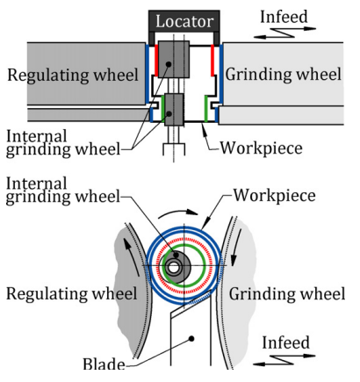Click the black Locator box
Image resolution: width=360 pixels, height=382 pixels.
pyautogui.click(x=184, y=21)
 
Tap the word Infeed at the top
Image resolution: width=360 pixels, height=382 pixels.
pyautogui.click(x=284, y=17)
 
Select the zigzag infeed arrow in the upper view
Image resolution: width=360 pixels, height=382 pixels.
pyautogui.click(x=284, y=32)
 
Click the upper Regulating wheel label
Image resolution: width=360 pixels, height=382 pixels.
pyautogui.click(x=73, y=75)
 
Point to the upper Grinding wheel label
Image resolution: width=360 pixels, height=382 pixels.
pyautogui.click(x=283, y=75)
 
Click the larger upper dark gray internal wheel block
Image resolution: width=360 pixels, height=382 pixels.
pyautogui.click(x=174, y=59)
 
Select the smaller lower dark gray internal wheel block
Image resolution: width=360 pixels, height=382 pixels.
pyautogui.click(x=174, y=110)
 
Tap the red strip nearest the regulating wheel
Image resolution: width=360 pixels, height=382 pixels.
pyautogui.click(x=156, y=61)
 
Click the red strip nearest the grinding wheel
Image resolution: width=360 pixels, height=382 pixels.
pyautogui.click(x=212, y=61)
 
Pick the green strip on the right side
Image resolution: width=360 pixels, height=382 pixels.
pyautogui.click(x=206, y=108)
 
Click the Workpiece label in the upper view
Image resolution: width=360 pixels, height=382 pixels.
pyautogui.click(x=261, y=148)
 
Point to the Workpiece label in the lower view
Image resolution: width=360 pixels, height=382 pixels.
pyautogui.click(x=275, y=196)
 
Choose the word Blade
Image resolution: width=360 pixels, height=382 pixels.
pyautogui.click(x=104, y=364)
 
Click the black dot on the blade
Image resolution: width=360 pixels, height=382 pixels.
pyautogui.click(x=191, y=339)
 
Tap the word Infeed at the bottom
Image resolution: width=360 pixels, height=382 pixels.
pyautogui.click(x=285, y=342)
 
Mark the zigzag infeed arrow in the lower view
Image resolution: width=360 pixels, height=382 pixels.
pyautogui.click(x=284, y=360)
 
